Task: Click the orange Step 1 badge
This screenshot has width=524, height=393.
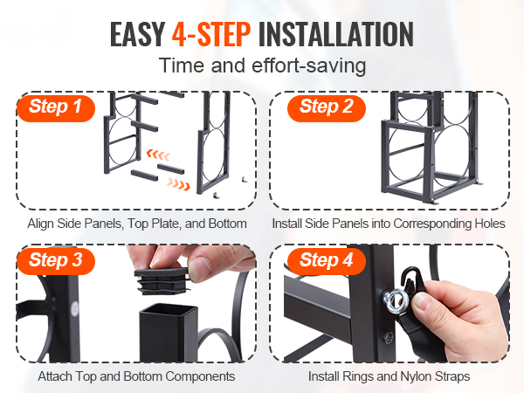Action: coord(56,108)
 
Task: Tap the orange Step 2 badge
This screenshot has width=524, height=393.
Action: coord(327,108)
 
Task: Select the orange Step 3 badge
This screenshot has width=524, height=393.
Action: coord(56,261)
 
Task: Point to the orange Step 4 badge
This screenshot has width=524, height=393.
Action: coord(327,261)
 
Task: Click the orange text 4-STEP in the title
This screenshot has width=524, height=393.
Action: coord(211,34)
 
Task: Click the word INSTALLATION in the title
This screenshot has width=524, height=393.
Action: coord(336,34)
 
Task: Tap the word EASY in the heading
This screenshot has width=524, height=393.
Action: coord(138,34)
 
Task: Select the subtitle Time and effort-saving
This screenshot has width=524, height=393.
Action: coord(262,65)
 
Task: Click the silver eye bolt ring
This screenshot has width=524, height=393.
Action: coord(394,301)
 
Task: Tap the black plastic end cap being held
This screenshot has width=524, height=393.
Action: coord(162,280)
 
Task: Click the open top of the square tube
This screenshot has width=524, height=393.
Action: coord(168,311)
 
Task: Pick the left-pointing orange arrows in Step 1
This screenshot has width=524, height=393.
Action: coord(158,155)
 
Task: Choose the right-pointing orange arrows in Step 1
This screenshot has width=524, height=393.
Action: coord(179,183)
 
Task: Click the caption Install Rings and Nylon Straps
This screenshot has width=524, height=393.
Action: coord(389,376)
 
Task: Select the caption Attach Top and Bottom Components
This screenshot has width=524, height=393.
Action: coord(136,376)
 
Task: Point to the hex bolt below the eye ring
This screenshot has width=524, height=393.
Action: coord(387,337)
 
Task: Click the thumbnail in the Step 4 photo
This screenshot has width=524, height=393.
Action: coord(423,302)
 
